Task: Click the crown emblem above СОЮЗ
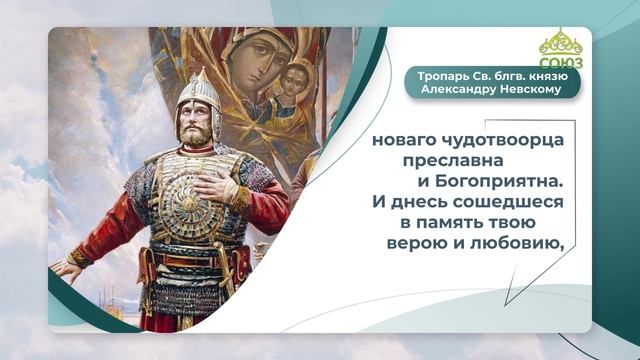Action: pos(561,43)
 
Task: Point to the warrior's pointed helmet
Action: pos(201,92)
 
